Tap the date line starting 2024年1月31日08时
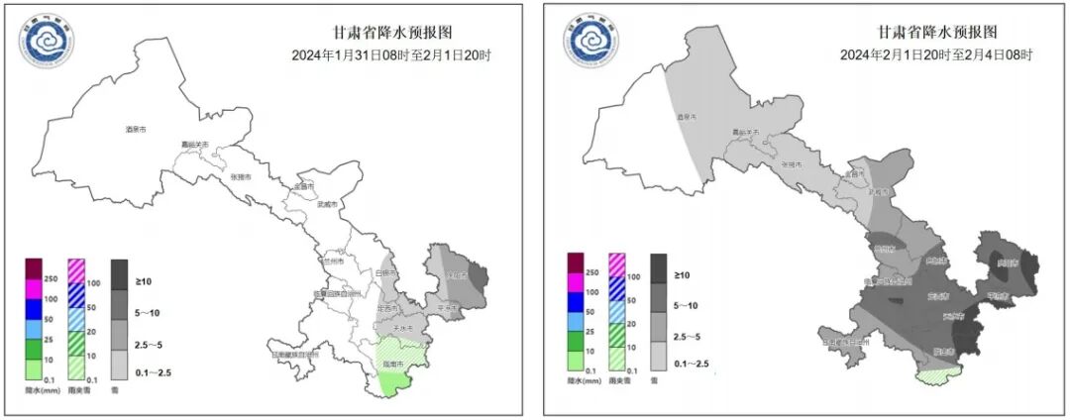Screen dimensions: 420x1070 (x=392, y=54)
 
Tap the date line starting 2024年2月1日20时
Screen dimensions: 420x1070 (x=935, y=54)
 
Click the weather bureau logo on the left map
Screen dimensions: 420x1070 (x=45, y=43)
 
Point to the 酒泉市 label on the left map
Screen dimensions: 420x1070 (x=136, y=130)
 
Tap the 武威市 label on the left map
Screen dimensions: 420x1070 (x=327, y=205)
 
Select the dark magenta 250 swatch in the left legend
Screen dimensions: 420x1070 (x=35, y=269)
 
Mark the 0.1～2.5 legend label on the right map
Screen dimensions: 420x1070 (x=691, y=366)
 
